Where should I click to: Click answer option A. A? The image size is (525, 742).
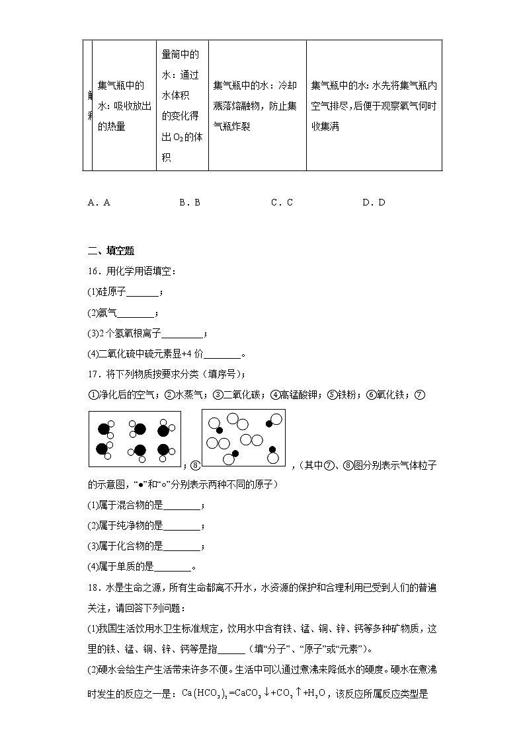click(x=99, y=203)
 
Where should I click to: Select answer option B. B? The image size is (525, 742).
click(x=189, y=203)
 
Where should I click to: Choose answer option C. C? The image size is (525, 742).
click(x=282, y=203)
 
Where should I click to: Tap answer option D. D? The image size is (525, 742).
click(x=374, y=203)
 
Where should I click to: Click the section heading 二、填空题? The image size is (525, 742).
click(x=111, y=250)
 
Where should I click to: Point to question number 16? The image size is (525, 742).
click(x=93, y=271)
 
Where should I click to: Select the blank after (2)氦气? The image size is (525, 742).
click(x=137, y=313)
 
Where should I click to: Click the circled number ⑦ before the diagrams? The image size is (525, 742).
click(x=419, y=395)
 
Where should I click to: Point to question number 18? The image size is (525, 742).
click(x=93, y=587)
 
